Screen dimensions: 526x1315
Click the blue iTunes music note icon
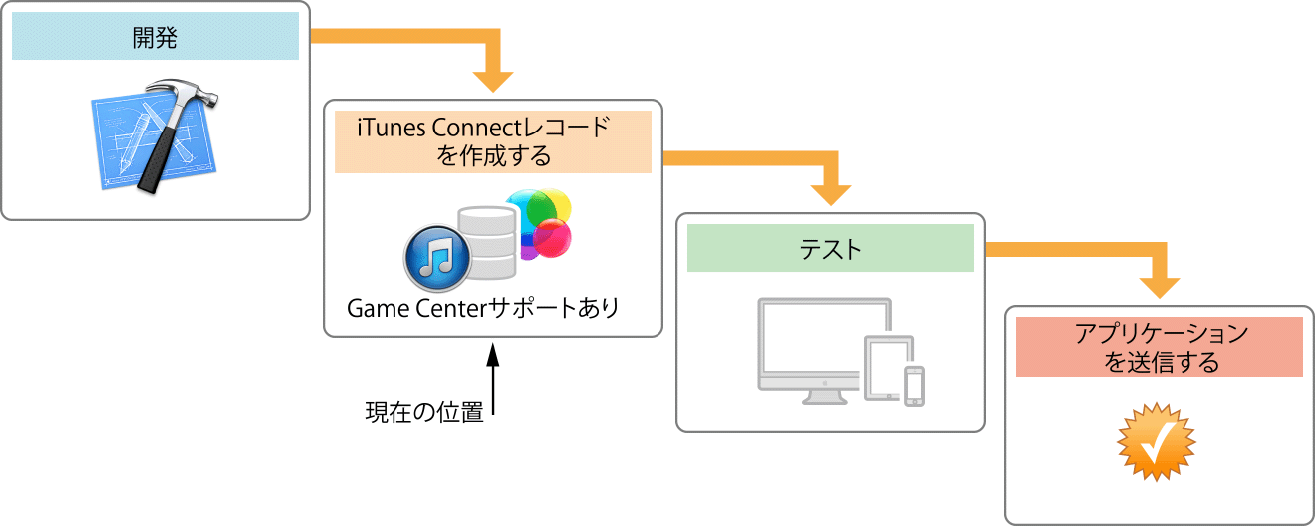(x=436, y=256)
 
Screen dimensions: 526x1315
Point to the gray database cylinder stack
(x=487, y=244)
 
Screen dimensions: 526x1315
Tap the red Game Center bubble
(x=552, y=239)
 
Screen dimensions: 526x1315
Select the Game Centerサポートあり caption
(x=482, y=308)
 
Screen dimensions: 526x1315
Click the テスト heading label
(x=830, y=249)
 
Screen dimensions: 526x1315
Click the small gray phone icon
(x=914, y=387)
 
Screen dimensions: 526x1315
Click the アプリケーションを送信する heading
(x=1160, y=347)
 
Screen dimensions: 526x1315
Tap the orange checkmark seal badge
(x=1156, y=443)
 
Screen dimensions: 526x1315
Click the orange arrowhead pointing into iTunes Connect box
(x=492, y=80)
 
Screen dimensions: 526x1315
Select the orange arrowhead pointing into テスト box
(x=831, y=193)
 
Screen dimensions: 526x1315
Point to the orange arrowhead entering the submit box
(x=1159, y=286)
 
